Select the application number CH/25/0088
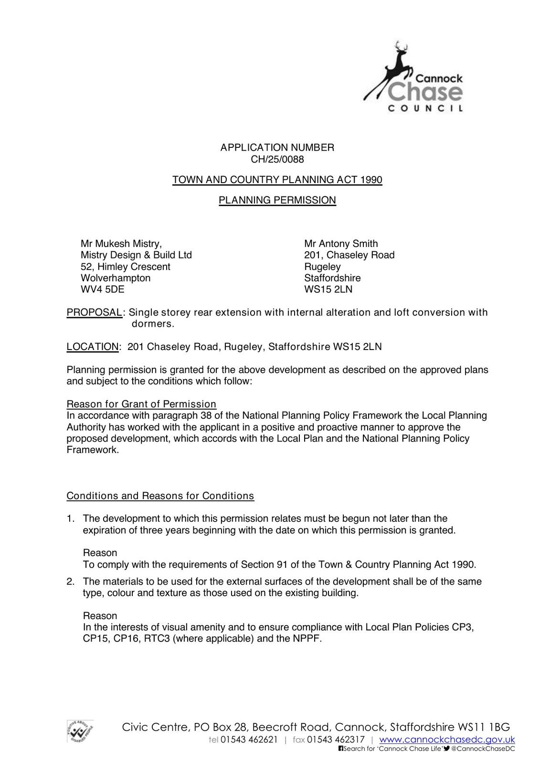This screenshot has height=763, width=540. tap(277, 159)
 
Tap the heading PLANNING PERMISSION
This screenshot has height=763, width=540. tap(277, 200)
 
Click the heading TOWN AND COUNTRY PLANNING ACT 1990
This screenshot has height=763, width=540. tap(277, 180)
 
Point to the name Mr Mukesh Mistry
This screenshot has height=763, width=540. tap(121, 244)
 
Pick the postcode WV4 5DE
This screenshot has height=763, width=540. tap(102, 289)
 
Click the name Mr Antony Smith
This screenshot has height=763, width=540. tap(341, 244)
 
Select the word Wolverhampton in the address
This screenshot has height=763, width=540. tap(116, 278)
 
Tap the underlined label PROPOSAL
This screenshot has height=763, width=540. tap(94, 313)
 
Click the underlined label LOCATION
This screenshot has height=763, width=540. tap(93, 347)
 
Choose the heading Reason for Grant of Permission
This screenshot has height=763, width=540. tap(141, 404)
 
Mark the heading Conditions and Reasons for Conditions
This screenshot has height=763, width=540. tap(160, 496)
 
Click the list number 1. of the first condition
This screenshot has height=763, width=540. tap(71, 518)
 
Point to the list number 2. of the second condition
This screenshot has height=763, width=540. tap(71, 582)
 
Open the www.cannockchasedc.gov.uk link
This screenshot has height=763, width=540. tap(447, 740)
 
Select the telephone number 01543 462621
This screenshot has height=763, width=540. tap(249, 740)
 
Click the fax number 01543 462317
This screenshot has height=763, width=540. tap(336, 740)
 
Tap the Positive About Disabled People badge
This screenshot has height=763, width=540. tap(80, 731)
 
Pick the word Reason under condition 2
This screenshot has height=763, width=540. tap(100, 616)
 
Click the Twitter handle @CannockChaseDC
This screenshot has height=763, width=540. tap(483, 749)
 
